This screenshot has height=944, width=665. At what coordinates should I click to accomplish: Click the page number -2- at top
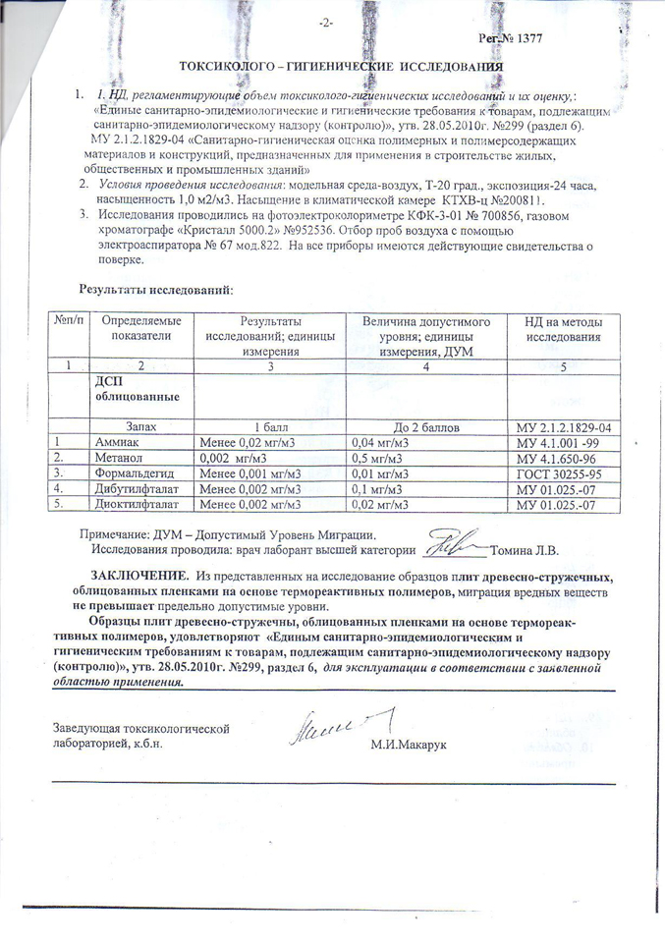[x=327, y=23]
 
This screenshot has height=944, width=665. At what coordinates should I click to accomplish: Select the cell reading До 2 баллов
[x=425, y=428]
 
